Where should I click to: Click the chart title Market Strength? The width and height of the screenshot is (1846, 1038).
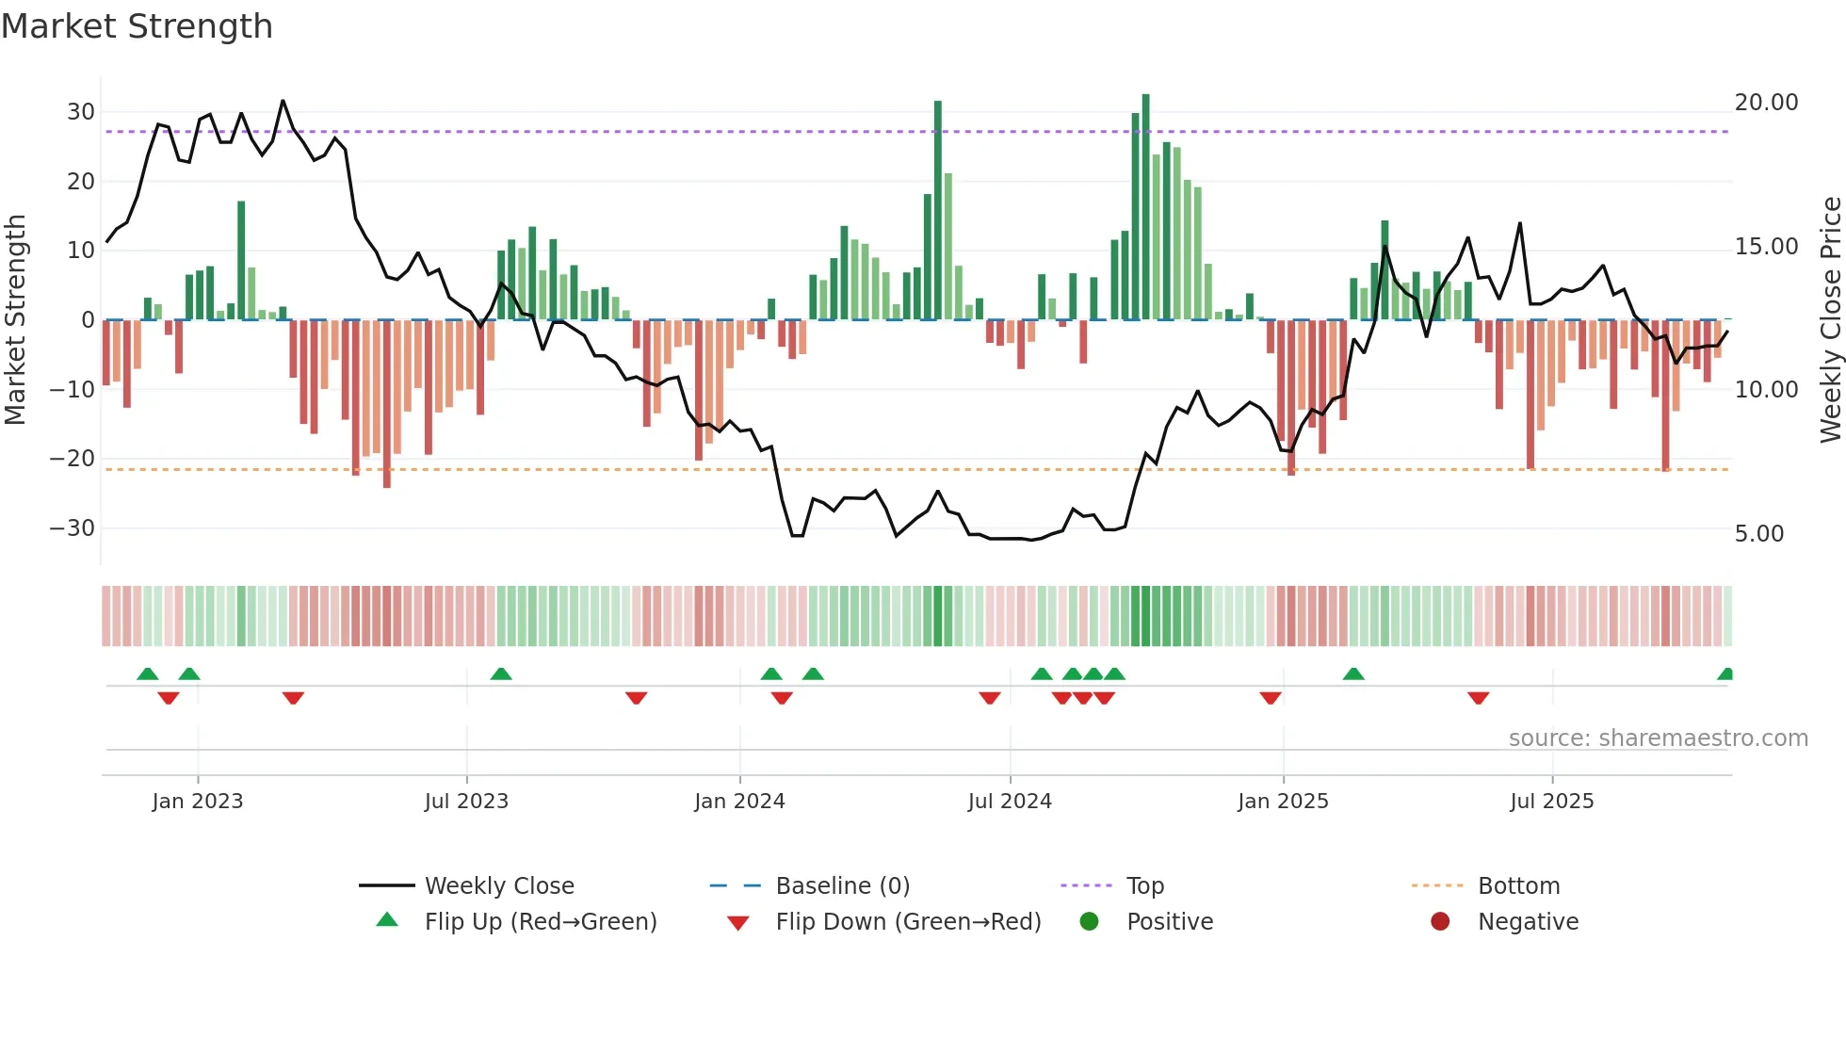pos(137,26)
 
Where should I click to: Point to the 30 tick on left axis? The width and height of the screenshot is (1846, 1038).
pos(81,112)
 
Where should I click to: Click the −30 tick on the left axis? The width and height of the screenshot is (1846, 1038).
pos(73,528)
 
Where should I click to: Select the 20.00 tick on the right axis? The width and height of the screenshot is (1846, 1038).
pos(1766,103)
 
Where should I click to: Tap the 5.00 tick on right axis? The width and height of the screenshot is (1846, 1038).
pos(1758,534)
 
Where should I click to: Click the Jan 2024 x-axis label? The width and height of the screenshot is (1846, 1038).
pos(739,802)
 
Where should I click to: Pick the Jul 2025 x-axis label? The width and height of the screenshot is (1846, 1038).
pos(1551,802)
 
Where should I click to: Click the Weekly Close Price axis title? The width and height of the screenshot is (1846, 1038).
pos(1830,319)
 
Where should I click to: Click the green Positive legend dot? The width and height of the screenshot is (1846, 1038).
pos(1090,922)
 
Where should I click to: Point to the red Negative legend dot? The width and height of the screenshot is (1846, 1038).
pos(1440,922)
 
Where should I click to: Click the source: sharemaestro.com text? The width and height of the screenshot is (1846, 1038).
pos(1658,738)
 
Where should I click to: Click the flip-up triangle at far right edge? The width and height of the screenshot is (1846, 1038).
pos(1725,674)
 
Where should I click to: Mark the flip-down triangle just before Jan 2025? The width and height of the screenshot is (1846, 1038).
pos(1271,698)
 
